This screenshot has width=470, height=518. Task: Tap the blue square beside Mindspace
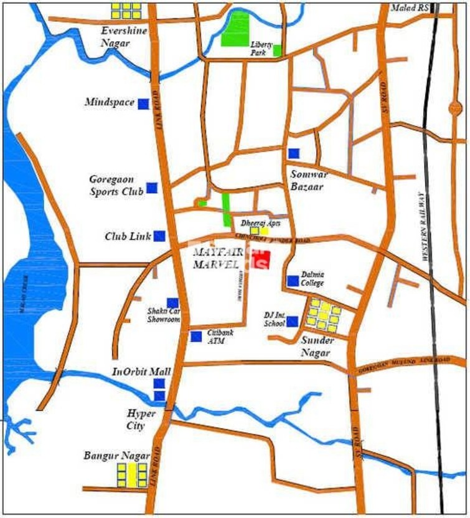(143, 103)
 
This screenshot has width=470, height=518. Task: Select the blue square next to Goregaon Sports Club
(152, 188)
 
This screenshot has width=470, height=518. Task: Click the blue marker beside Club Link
(159, 236)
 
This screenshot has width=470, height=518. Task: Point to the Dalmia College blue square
(293, 281)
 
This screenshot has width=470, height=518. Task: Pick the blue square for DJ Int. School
(292, 321)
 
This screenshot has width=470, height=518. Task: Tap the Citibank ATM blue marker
(196, 337)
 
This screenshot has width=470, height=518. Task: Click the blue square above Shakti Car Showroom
(172, 304)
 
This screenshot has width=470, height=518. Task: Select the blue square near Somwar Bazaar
(294, 153)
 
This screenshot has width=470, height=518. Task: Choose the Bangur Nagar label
(116, 456)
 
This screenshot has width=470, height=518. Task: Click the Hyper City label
(136, 420)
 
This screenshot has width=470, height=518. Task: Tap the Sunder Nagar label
(317, 347)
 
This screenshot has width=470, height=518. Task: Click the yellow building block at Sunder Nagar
(324, 315)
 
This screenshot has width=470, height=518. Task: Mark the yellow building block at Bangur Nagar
(133, 474)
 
